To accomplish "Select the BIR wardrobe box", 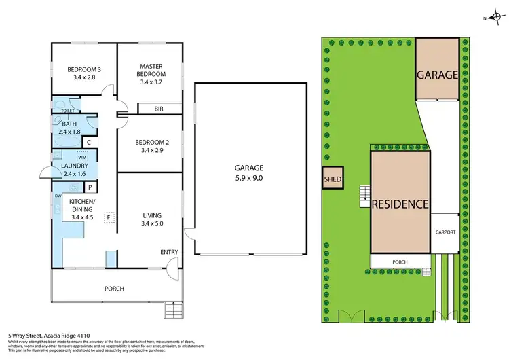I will pos(159,109).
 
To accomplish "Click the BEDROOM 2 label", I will pos(151,146).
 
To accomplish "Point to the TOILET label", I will pos(67,110).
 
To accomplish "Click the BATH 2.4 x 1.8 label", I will pos(69,128).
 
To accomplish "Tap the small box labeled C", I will pos(90,142).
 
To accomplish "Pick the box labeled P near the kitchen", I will pos(90,187).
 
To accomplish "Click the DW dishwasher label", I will pos(58,196).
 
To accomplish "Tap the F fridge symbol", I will pos(107,217).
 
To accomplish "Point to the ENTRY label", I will pos(169,252).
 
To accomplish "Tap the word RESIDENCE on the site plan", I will pos(400,203).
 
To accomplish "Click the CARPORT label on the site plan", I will pos(446,232).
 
